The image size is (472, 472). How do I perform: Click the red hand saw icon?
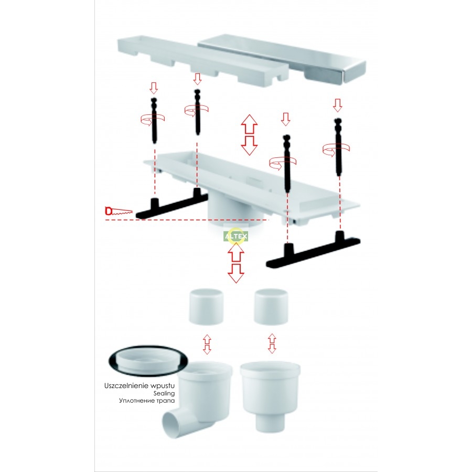[119, 211]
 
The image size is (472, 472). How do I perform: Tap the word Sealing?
[164, 393]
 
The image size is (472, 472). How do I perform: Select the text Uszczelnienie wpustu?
[140, 385]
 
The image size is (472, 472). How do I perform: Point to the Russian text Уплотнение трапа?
[147, 401]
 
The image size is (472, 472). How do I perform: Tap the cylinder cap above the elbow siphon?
[206, 307]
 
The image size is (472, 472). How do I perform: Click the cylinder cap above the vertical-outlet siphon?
[271, 307]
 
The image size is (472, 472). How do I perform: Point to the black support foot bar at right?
[314, 251]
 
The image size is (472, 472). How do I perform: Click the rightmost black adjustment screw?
[338, 147]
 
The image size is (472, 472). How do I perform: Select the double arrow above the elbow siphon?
[207, 344]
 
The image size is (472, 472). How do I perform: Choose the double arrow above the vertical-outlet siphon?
[272, 343]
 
